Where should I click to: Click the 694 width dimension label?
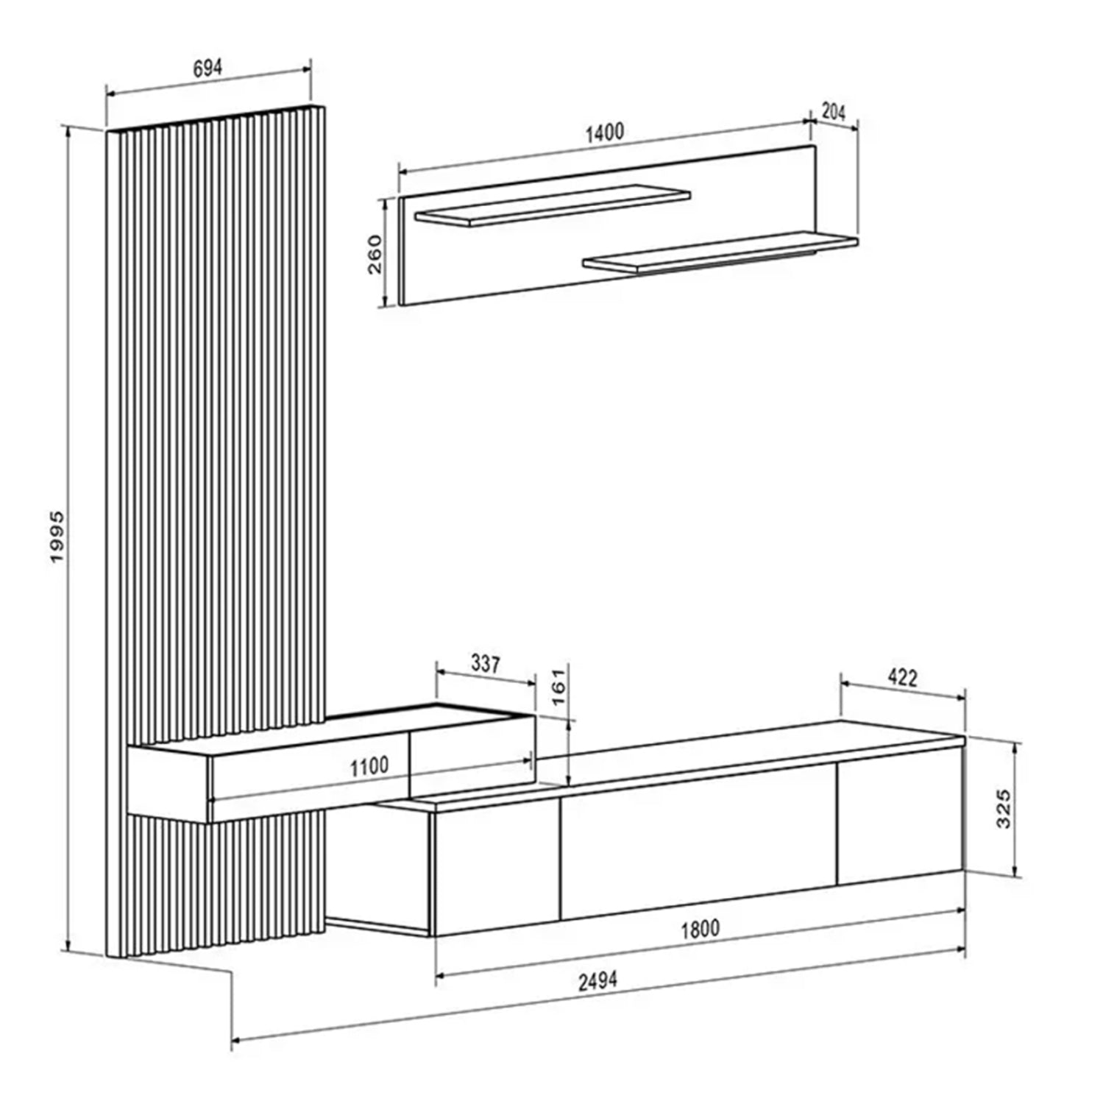coord(208,68)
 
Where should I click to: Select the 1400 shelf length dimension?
coord(604,133)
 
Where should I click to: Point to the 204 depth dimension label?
coord(833,112)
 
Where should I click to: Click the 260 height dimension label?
coord(375,254)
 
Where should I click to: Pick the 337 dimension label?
coord(486,664)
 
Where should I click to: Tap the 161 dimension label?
coord(561,687)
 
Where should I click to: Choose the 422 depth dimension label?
coord(902,677)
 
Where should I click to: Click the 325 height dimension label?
coord(1004,808)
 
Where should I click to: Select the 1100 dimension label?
coord(369,767)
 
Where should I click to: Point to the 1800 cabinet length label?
coord(699,929)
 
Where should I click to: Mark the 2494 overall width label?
coord(597,981)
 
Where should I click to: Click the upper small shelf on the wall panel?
coord(552,203)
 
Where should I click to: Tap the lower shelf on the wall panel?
coord(721,252)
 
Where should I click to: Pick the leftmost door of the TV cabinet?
coord(497,868)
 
